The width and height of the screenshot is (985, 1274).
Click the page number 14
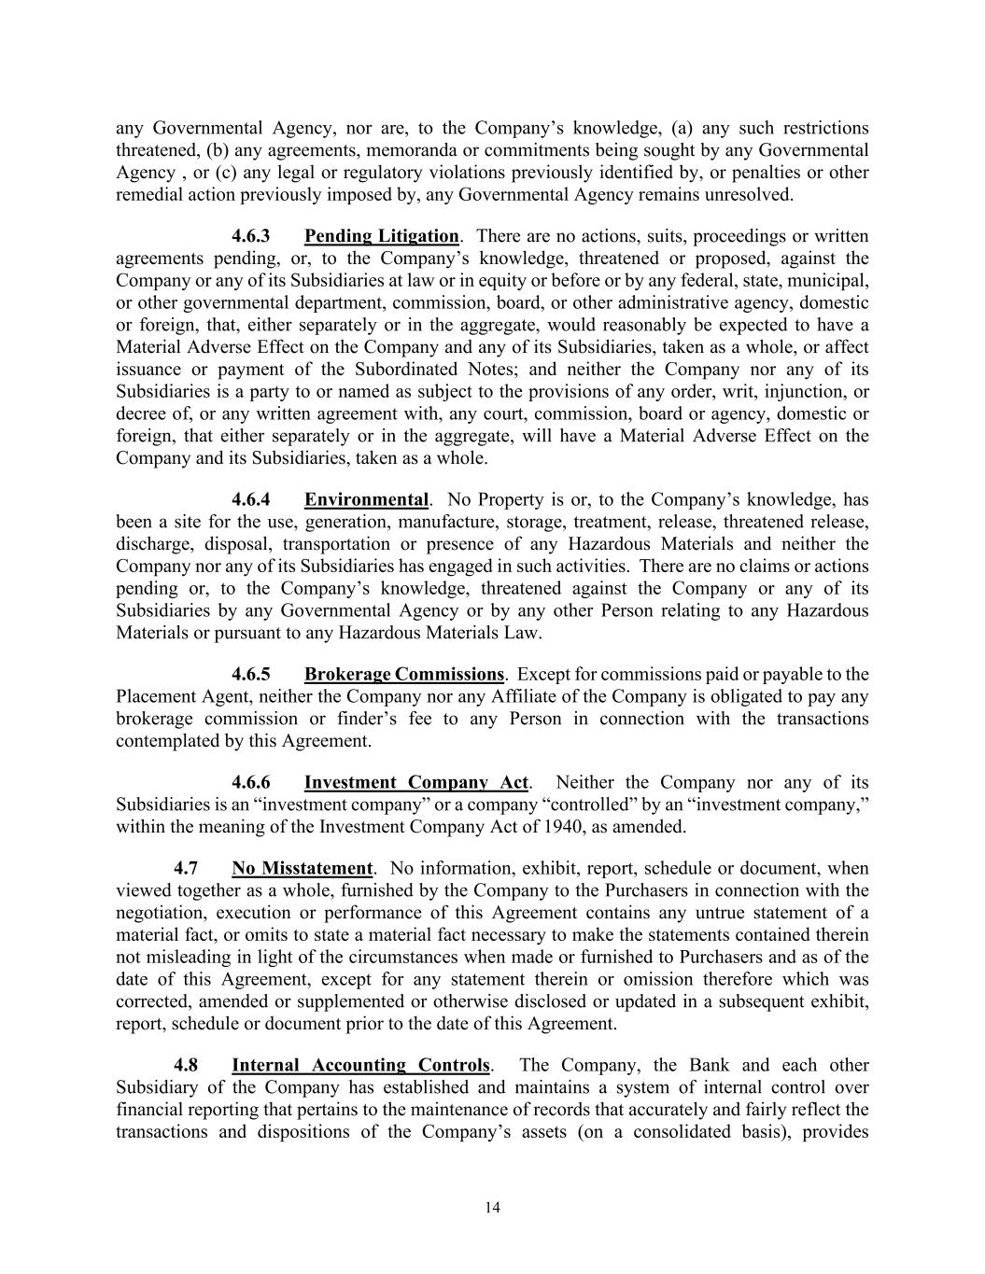click(493, 1208)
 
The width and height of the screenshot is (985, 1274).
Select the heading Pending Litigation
click(381, 236)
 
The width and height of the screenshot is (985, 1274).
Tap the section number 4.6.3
click(251, 236)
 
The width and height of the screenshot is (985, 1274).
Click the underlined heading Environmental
click(366, 499)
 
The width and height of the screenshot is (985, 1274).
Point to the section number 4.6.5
click(251, 674)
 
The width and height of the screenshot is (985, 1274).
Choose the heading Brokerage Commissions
click(403, 674)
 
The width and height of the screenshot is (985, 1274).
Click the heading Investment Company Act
click(416, 782)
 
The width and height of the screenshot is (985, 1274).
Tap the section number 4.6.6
click(251, 782)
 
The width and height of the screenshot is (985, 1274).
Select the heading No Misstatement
click(302, 868)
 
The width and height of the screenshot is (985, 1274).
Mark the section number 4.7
click(186, 868)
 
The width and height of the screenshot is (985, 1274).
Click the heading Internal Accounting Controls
click(360, 1065)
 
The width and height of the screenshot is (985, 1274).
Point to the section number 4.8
click(186, 1065)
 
